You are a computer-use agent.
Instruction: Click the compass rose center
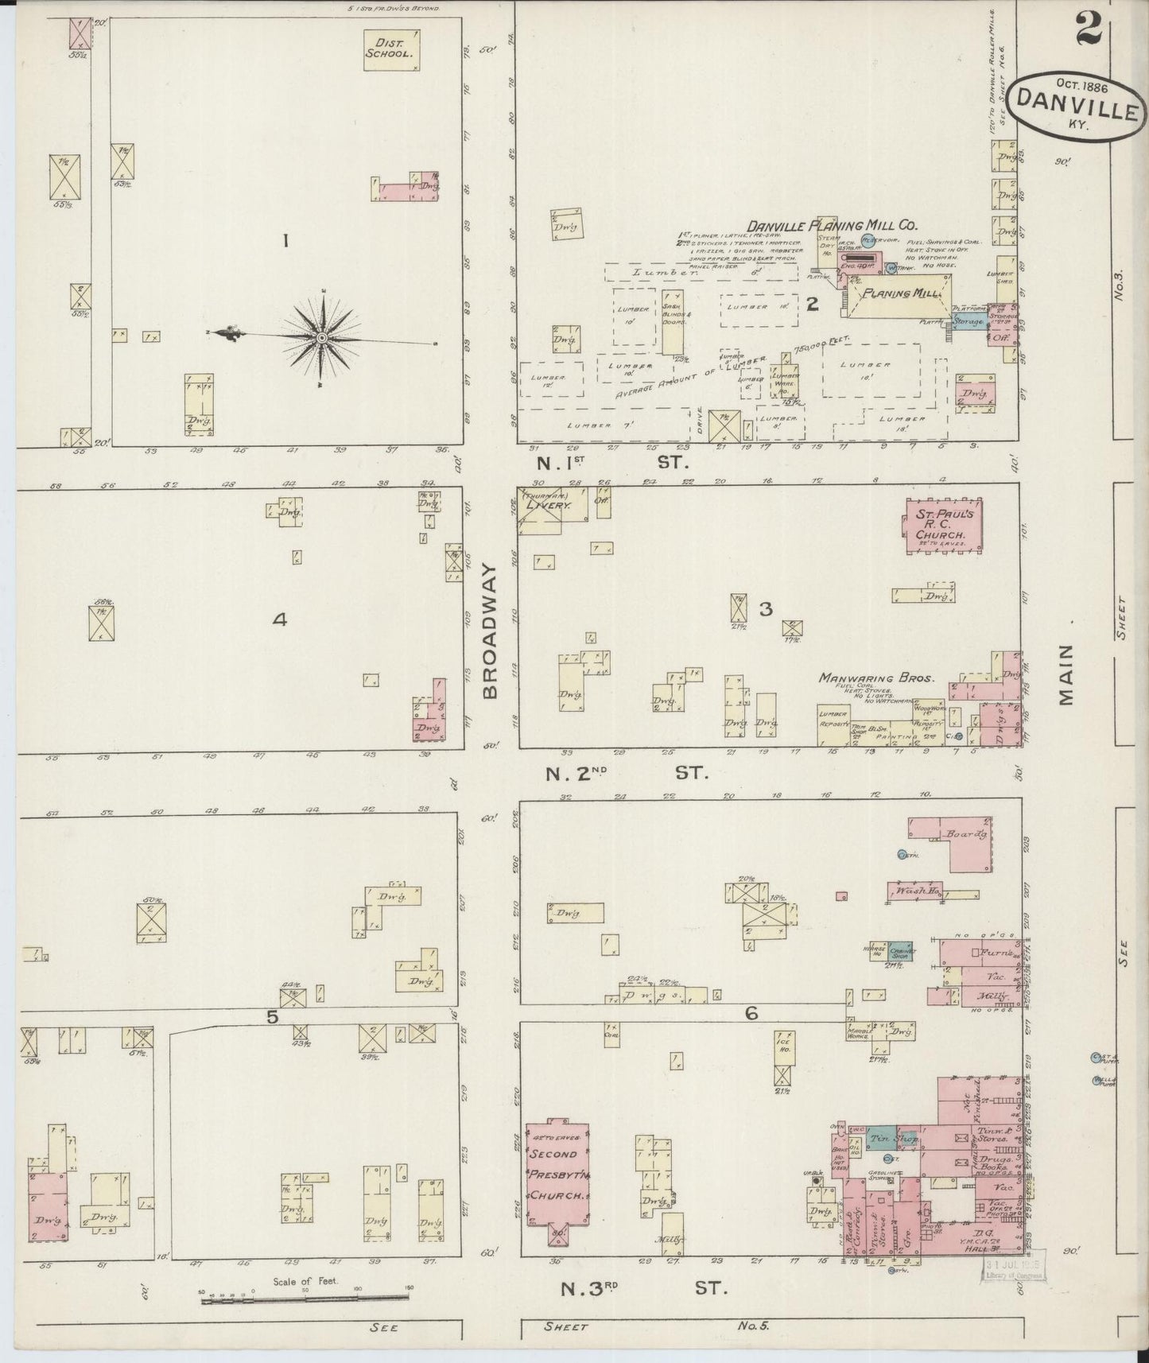click(322, 340)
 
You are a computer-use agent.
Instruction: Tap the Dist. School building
click(391, 50)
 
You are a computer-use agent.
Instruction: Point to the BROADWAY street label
click(490, 632)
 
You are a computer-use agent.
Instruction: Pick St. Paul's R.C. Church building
click(941, 526)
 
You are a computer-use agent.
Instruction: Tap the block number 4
click(279, 619)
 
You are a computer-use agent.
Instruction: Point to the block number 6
click(751, 1013)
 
